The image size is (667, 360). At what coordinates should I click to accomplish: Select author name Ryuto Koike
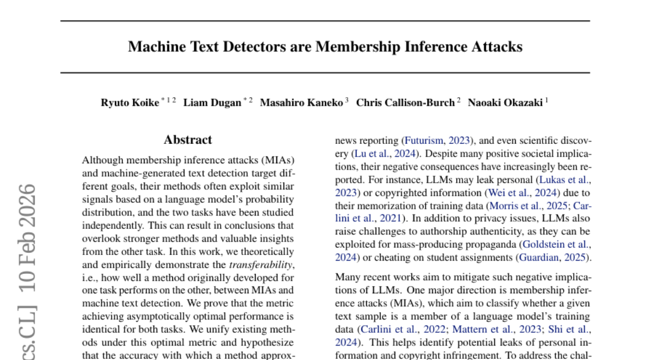point(130,103)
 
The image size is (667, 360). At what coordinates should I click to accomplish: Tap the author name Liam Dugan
point(212,103)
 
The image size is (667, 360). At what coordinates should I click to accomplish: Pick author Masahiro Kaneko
point(301,103)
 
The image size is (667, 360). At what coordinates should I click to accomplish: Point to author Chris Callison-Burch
point(405,103)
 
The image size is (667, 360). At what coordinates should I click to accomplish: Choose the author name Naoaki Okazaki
point(505,103)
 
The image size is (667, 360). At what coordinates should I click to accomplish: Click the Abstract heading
point(188,140)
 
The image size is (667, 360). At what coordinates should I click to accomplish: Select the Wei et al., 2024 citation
point(522,193)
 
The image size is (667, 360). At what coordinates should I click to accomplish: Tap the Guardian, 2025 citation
point(554,257)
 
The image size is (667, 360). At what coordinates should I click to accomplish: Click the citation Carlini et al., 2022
point(401,329)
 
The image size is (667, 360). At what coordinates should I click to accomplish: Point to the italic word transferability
point(261,265)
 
